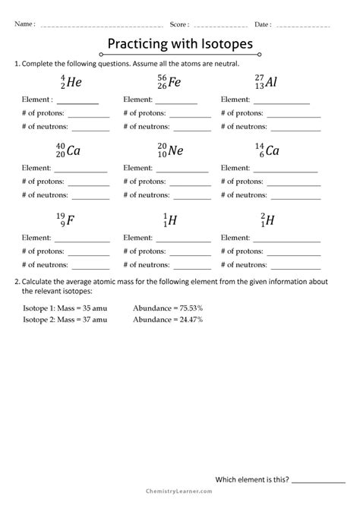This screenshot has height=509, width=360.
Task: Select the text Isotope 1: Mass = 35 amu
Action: (65, 308)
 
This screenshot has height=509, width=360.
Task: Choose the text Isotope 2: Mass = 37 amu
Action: (65, 320)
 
